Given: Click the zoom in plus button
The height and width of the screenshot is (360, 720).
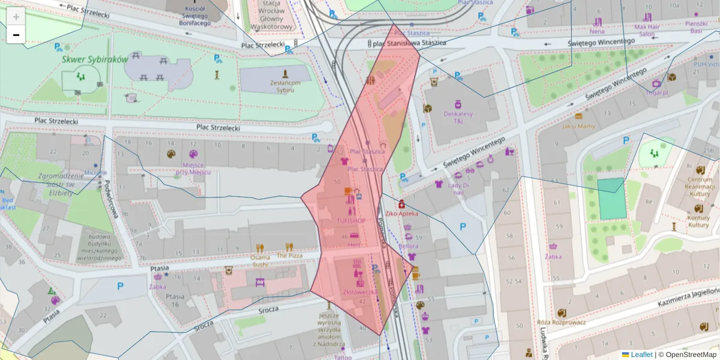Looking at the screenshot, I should pos(16,17).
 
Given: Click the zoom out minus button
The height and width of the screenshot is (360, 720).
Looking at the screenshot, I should pos(16,35).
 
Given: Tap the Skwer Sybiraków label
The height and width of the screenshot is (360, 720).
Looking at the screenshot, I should pos(95,59).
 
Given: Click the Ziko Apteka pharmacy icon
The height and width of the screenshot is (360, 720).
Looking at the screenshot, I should pos(401,204).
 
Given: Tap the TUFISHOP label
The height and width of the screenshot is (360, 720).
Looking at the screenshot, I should pos(351,220).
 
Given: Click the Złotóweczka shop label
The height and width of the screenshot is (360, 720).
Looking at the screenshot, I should pos(360,292).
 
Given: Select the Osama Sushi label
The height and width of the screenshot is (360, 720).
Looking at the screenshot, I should pos(260,260).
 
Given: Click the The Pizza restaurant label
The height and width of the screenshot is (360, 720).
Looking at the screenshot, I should pos(290,256).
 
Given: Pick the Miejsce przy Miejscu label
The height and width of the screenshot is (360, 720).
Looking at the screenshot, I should pos(193,168).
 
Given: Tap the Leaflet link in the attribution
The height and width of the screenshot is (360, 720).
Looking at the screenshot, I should pos(641,355).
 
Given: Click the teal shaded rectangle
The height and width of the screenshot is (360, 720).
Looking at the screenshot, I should pos(611,199).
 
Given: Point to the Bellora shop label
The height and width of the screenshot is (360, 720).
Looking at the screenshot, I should pos(409,246).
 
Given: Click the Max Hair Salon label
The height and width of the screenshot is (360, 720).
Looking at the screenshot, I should pos(647,31).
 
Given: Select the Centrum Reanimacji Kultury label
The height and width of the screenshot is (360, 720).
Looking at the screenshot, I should pos(700,186).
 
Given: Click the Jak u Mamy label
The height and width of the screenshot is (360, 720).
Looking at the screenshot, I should pos(578,126).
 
